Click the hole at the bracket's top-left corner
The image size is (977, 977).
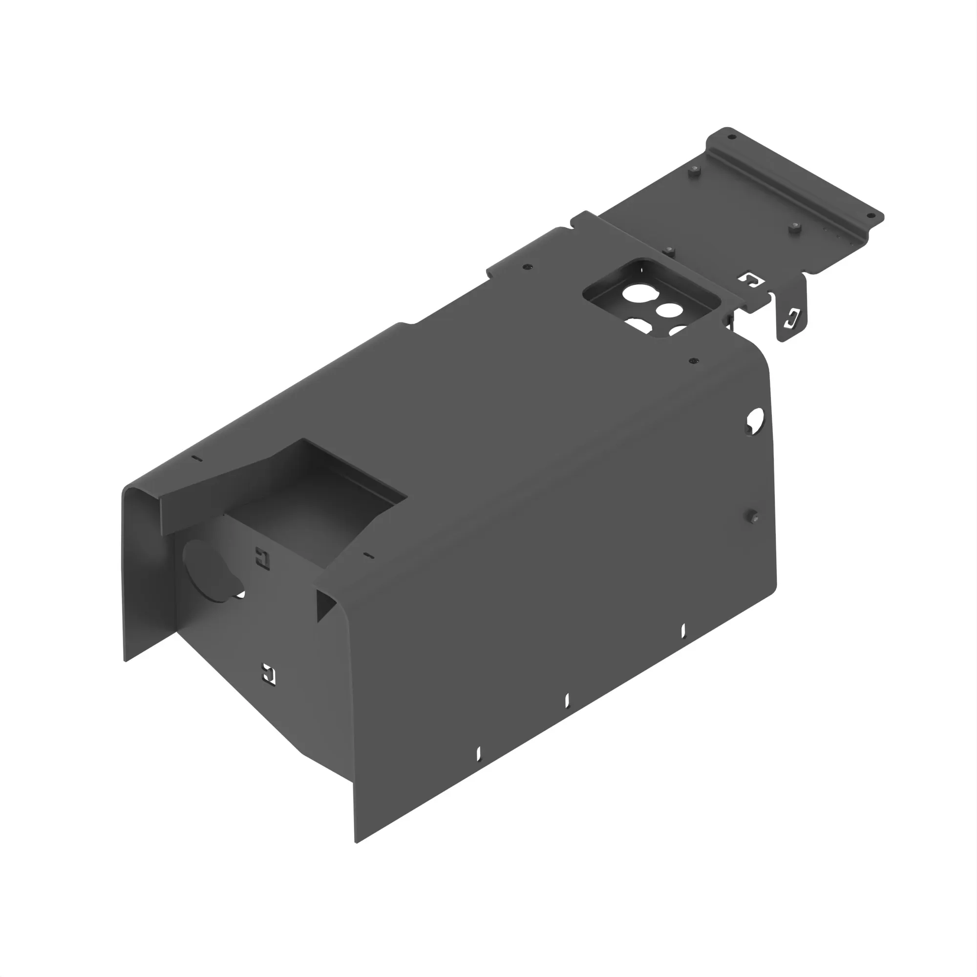coord(730,137)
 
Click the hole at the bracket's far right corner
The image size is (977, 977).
coord(871,215)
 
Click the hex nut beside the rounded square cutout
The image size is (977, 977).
coord(669,250)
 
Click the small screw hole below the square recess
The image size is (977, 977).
coord(693,361)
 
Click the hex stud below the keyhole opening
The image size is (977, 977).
coord(753,516)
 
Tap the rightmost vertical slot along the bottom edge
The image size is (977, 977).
coord(683,630)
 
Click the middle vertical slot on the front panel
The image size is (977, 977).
coord(567,701)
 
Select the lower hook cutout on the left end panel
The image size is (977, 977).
coord(269,674)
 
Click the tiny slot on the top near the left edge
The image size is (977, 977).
coord(198,459)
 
